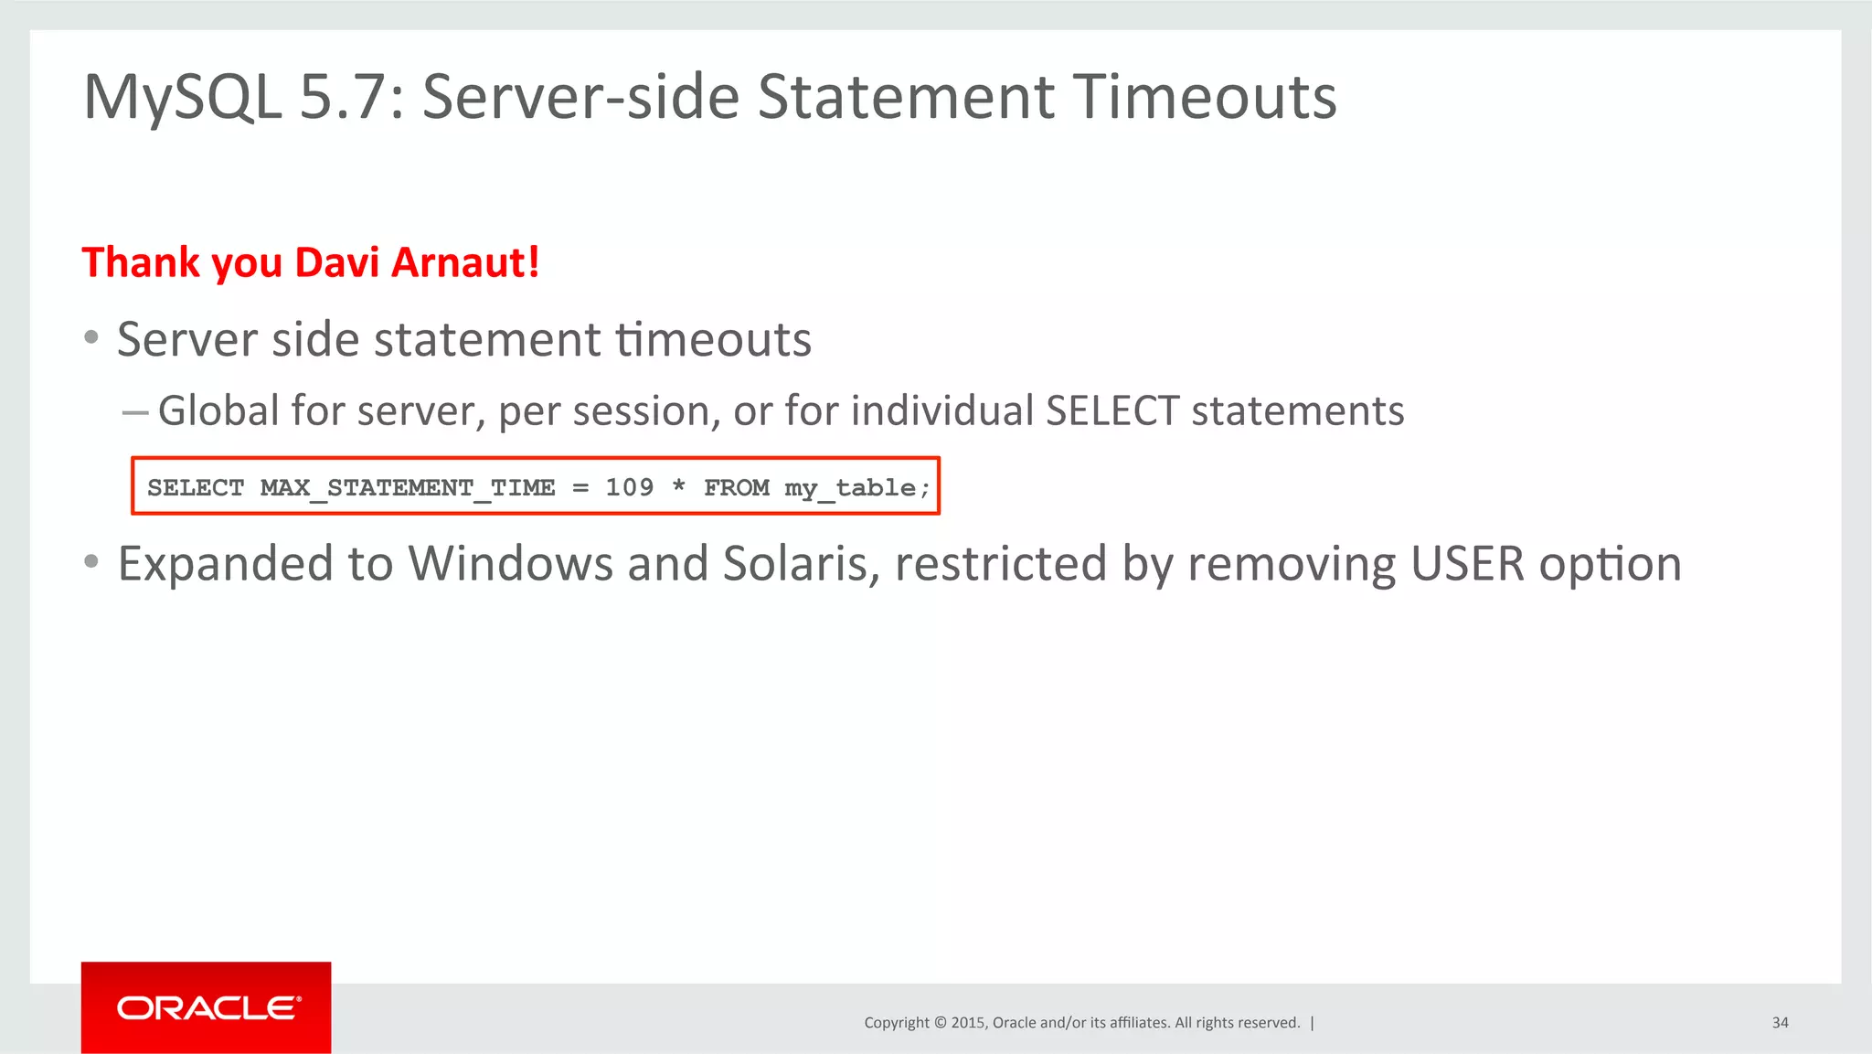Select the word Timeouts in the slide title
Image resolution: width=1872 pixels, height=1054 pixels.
pyautogui.click(x=1204, y=98)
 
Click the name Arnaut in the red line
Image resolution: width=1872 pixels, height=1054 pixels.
pyautogui.click(x=464, y=262)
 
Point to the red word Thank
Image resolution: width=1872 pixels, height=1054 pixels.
pyautogui.click(x=141, y=262)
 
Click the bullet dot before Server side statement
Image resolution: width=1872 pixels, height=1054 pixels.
pyautogui.click(x=90, y=338)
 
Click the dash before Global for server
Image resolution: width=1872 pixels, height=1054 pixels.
pyautogui.click(x=134, y=412)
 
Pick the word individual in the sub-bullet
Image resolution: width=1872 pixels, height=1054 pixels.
pyautogui.click(x=942, y=410)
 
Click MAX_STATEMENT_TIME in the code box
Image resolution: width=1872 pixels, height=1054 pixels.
pyautogui.click(x=408, y=487)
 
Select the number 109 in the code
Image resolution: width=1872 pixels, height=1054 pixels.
pyautogui.click(x=629, y=487)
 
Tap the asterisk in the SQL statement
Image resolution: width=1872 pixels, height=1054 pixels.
pyautogui.click(x=678, y=485)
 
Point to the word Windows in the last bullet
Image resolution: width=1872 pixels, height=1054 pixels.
pyautogui.click(x=510, y=564)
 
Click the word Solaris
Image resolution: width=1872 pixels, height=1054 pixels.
pyautogui.click(x=793, y=564)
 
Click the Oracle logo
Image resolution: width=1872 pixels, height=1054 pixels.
pyautogui.click(x=207, y=1007)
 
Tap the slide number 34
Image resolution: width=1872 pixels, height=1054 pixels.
pyautogui.click(x=1780, y=1023)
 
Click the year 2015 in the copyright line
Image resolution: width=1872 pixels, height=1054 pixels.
pyautogui.click(x=967, y=1023)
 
